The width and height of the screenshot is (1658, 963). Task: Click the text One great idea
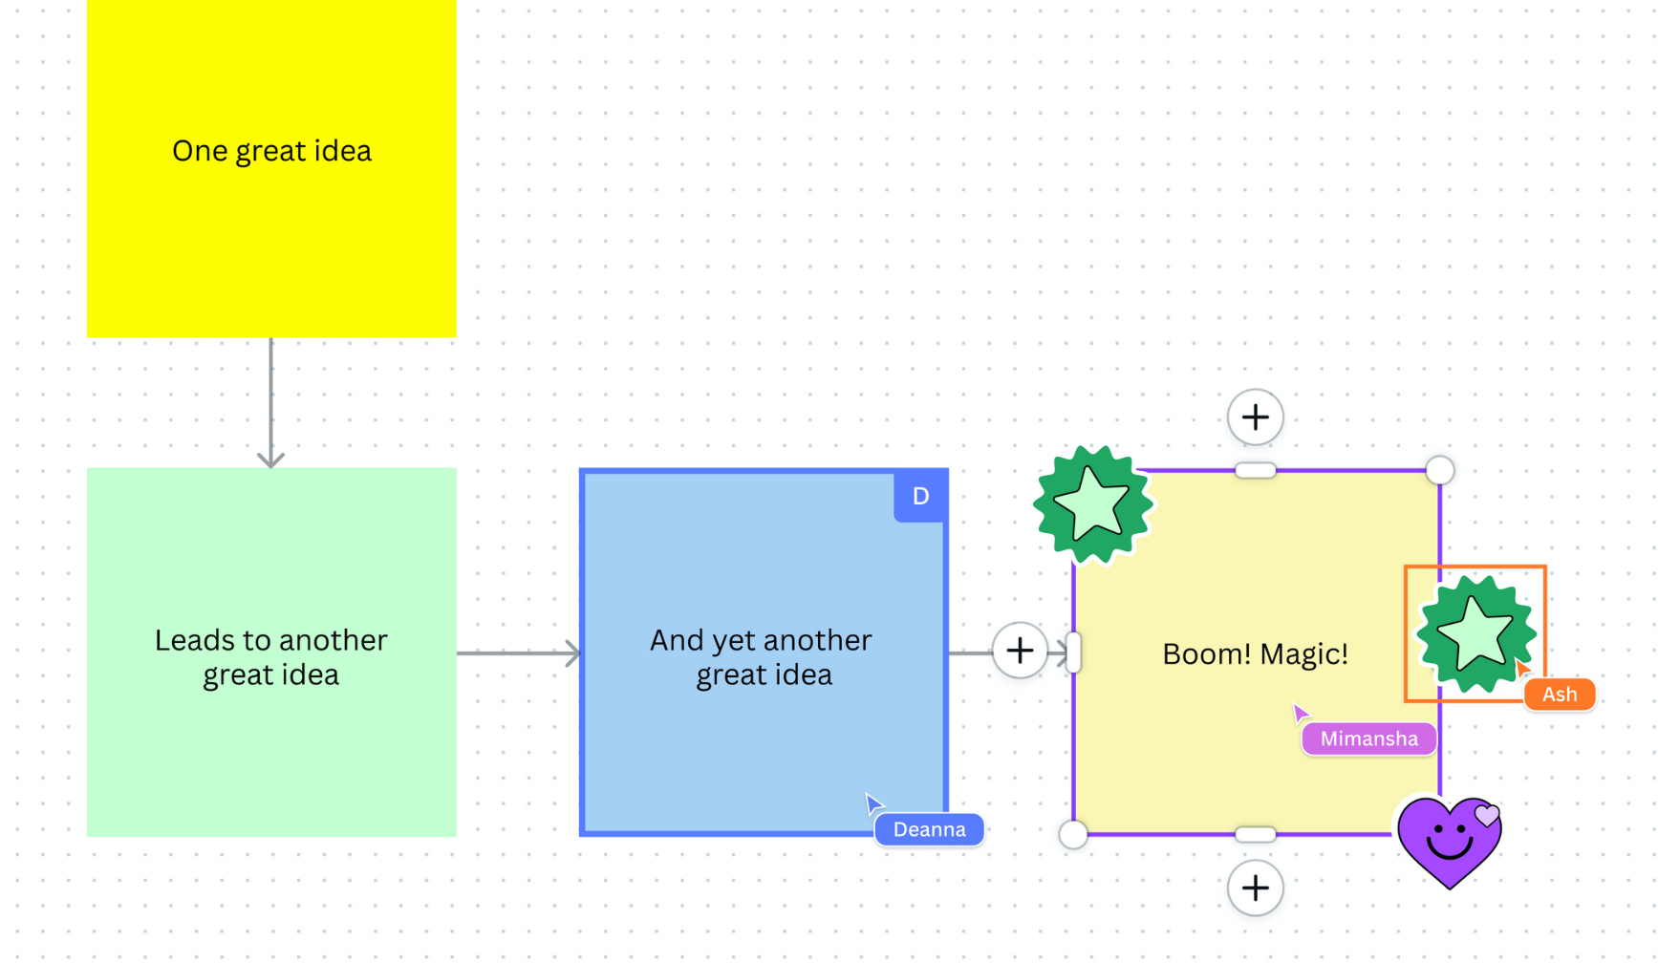(x=271, y=151)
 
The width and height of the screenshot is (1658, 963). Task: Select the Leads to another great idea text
(x=271, y=657)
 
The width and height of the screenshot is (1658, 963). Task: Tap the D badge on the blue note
(x=920, y=496)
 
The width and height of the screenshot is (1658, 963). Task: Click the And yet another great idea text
(x=762, y=657)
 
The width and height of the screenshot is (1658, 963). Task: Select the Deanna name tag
(x=929, y=829)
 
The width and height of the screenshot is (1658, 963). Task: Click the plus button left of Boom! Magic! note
(x=1020, y=651)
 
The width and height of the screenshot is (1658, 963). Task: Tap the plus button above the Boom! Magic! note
(x=1255, y=417)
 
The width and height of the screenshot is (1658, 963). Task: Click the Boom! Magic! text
(x=1255, y=654)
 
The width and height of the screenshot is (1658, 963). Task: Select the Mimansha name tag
(x=1368, y=738)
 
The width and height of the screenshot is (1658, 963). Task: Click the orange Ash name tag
(x=1559, y=695)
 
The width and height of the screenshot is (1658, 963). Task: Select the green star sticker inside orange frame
(x=1475, y=633)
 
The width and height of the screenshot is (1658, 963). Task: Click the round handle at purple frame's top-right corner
(x=1439, y=470)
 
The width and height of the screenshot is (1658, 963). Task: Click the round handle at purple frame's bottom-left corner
(x=1073, y=834)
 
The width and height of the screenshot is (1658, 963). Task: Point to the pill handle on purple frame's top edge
(x=1255, y=470)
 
